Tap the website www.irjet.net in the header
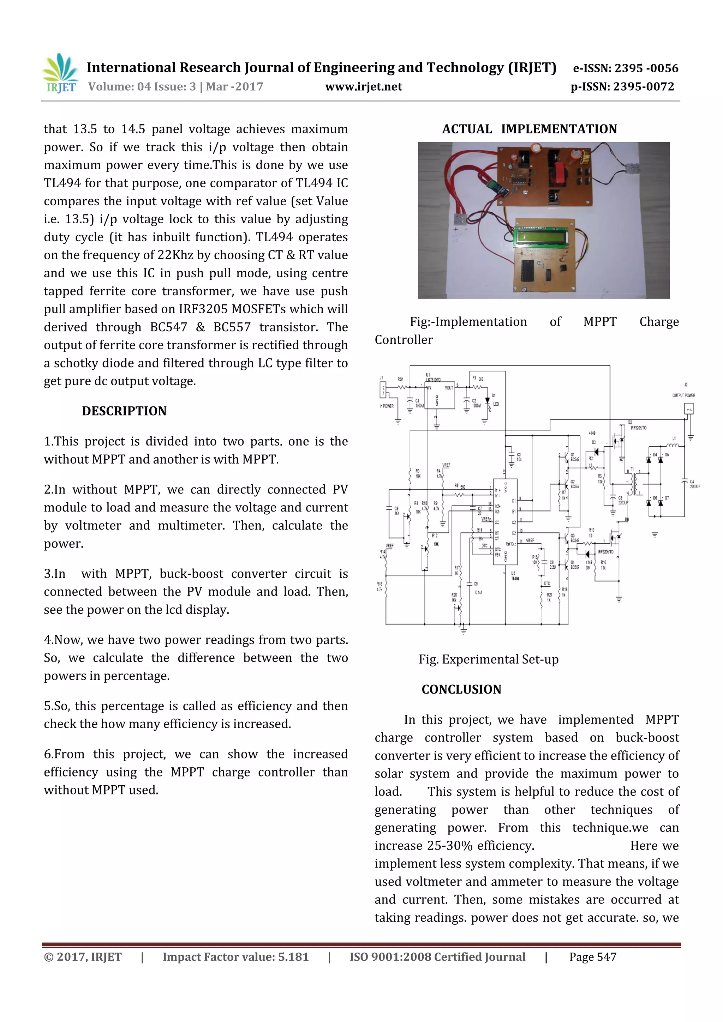pos(364,86)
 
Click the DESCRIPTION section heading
pos(124,411)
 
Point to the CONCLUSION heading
pos(461,689)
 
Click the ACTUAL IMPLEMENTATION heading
pos(529,129)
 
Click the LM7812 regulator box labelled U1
pos(440,395)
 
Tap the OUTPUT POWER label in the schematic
pos(683,395)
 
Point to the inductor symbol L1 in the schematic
pos(672,444)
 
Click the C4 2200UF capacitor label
pos(694,484)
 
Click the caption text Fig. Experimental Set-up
pos(488,659)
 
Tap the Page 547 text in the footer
pos(592,957)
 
